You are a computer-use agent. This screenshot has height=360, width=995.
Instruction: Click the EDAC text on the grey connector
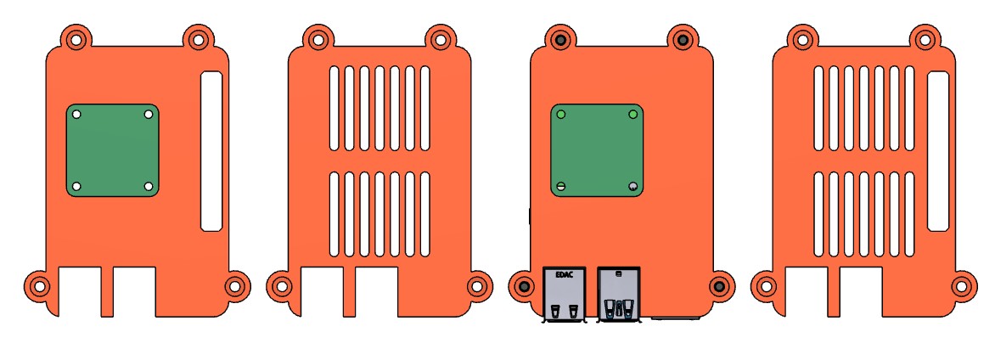click(563, 275)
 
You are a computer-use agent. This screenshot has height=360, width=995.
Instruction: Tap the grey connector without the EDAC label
click(619, 294)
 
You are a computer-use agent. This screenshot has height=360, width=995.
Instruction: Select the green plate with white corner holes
click(112, 150)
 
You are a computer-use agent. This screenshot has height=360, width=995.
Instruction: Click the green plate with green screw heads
click(597, 150)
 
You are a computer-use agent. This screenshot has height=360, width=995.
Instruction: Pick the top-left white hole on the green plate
click(76, 114)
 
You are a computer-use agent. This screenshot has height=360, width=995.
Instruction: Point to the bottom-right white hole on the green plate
click(149, 186)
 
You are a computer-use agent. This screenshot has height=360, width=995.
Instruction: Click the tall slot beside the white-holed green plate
click(211, 151)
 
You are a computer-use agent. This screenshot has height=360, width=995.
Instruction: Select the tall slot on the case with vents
click(937, 151)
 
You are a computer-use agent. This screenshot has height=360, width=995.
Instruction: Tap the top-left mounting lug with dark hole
click(560, 39)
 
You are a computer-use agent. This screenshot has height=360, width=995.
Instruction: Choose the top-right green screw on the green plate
click(632, 114)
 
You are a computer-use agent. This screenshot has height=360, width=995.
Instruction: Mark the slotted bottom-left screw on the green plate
click(560, 186)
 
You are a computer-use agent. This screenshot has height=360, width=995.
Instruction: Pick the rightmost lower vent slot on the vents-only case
click(424, 213)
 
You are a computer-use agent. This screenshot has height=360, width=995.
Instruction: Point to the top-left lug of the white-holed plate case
click(76, 39)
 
